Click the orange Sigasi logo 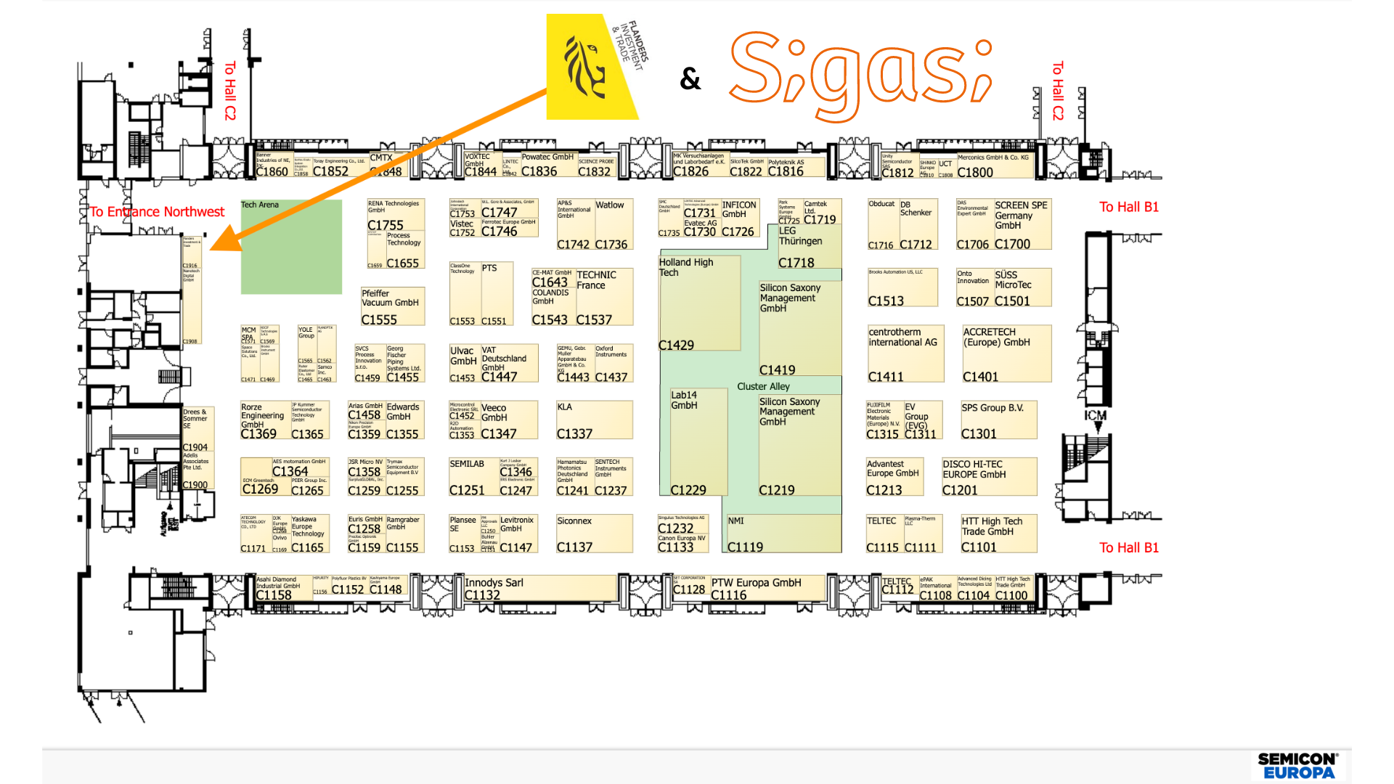(x=860, y=73)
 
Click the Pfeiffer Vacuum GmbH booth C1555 (x=392, y=306)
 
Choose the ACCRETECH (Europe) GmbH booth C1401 (x=1006, y=354)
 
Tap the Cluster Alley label (x=763, y=386)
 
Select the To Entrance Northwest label (x=157, y=212)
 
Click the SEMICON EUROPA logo (x=1298, y=766)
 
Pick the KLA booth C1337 (x=594, y=420)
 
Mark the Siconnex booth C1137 (x=594, y=534)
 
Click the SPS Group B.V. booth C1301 (x=998, y=420)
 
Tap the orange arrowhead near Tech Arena (x=225, y=240)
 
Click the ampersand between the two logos (x=690, y=78)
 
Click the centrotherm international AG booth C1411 (x=905, y=354)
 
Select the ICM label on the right (x=1096, y=416)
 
